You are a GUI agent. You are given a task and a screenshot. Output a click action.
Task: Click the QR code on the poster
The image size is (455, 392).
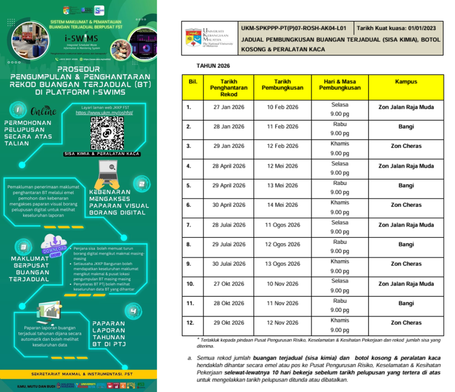(x=107, y=133)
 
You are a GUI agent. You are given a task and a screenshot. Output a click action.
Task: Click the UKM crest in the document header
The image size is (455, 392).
(x=192, y=38)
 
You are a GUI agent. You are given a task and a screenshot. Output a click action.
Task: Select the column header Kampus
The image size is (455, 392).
(x=406, y=82)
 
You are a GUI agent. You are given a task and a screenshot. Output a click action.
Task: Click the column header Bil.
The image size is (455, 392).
(x=193, y=82)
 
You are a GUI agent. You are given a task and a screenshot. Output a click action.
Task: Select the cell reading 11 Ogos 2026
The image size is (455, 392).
(x=282, y=225)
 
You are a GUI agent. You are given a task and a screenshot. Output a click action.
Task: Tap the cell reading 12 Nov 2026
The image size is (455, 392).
(x=282, y=323)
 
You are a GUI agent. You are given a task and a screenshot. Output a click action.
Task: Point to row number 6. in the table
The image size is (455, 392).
(x=189, y=205)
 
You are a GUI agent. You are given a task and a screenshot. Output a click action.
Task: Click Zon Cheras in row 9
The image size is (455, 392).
(x=406, y=264)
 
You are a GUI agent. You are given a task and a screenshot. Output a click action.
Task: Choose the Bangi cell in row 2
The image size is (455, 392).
(x=406, y=127)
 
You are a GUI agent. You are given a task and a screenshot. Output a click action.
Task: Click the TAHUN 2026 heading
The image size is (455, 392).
(x=213, y=66)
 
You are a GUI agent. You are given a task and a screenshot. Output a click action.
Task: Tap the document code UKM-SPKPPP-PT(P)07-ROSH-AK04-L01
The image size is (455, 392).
(x=293, y=28)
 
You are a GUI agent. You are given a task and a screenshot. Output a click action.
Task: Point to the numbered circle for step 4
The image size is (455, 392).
(x=133, y=311)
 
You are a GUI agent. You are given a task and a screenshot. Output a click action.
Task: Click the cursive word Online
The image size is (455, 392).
(x=43, y=111)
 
